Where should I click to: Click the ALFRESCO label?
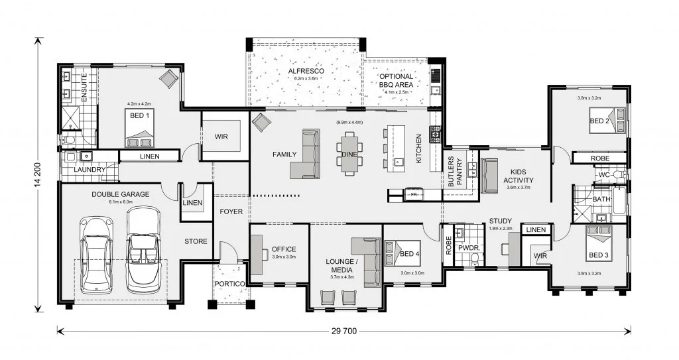[306, 71]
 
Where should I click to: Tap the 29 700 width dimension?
[345, 331]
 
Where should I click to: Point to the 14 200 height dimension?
[38, 174]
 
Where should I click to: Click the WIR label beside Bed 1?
[221, 137]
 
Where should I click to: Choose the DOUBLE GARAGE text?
[121, 194]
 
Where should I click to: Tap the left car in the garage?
[98, 255]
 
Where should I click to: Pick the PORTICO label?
[229, 284]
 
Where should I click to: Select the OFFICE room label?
[284, 249]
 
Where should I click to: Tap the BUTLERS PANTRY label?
[455, 172]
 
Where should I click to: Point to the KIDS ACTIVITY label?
[519, 176]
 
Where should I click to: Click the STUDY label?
[501, 221]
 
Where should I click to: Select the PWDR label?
[467, 248]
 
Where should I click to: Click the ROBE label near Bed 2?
[600, 158]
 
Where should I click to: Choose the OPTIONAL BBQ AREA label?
[396, 81]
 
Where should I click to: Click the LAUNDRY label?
[90, 169]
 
